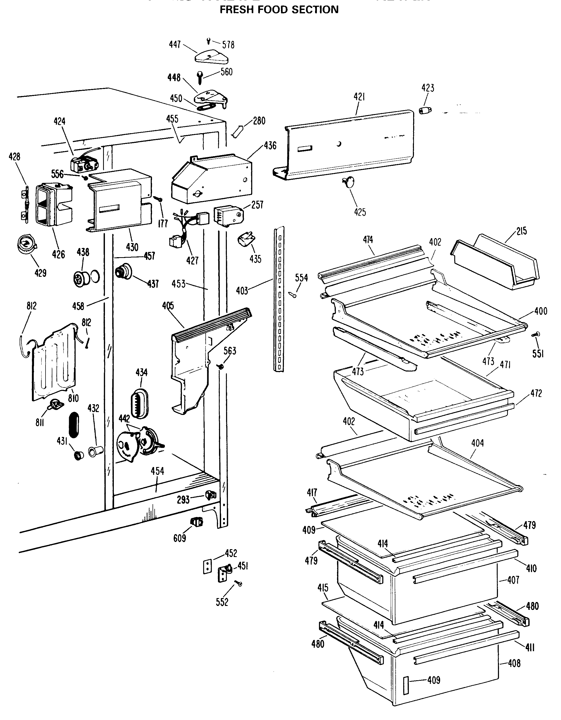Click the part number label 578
pyautogui.click(x=228, y=44)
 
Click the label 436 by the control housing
pyautogui.click(x=270, y=145)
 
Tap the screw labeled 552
pyautogui.click(x=238, y=583)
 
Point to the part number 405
pyautogui.click(x=168, y=306)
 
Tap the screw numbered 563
pyautogui.click(x=221, y=366)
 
